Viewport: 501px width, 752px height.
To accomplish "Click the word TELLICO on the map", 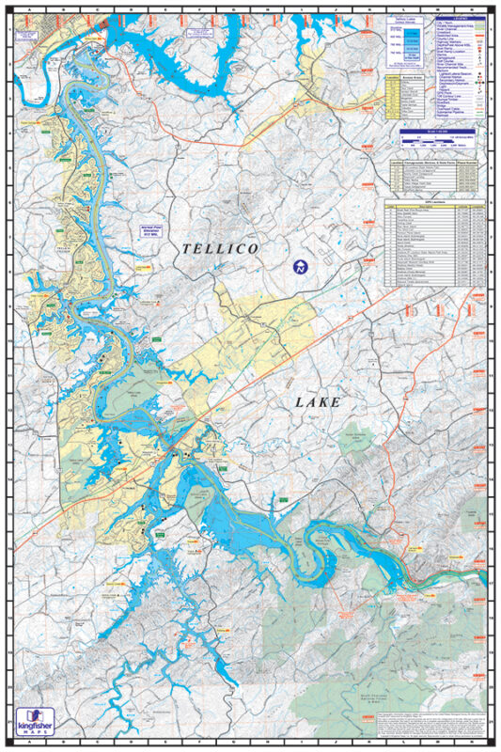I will (219, 248).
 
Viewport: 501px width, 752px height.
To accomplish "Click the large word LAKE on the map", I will (317, 401).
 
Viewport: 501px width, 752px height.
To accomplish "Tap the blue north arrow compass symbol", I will (300, 265).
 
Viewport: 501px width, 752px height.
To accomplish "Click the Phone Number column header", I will (472, 163).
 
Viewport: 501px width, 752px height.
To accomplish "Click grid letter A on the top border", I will (31, 8).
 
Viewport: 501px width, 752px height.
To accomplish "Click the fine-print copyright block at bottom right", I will (436, 722).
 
